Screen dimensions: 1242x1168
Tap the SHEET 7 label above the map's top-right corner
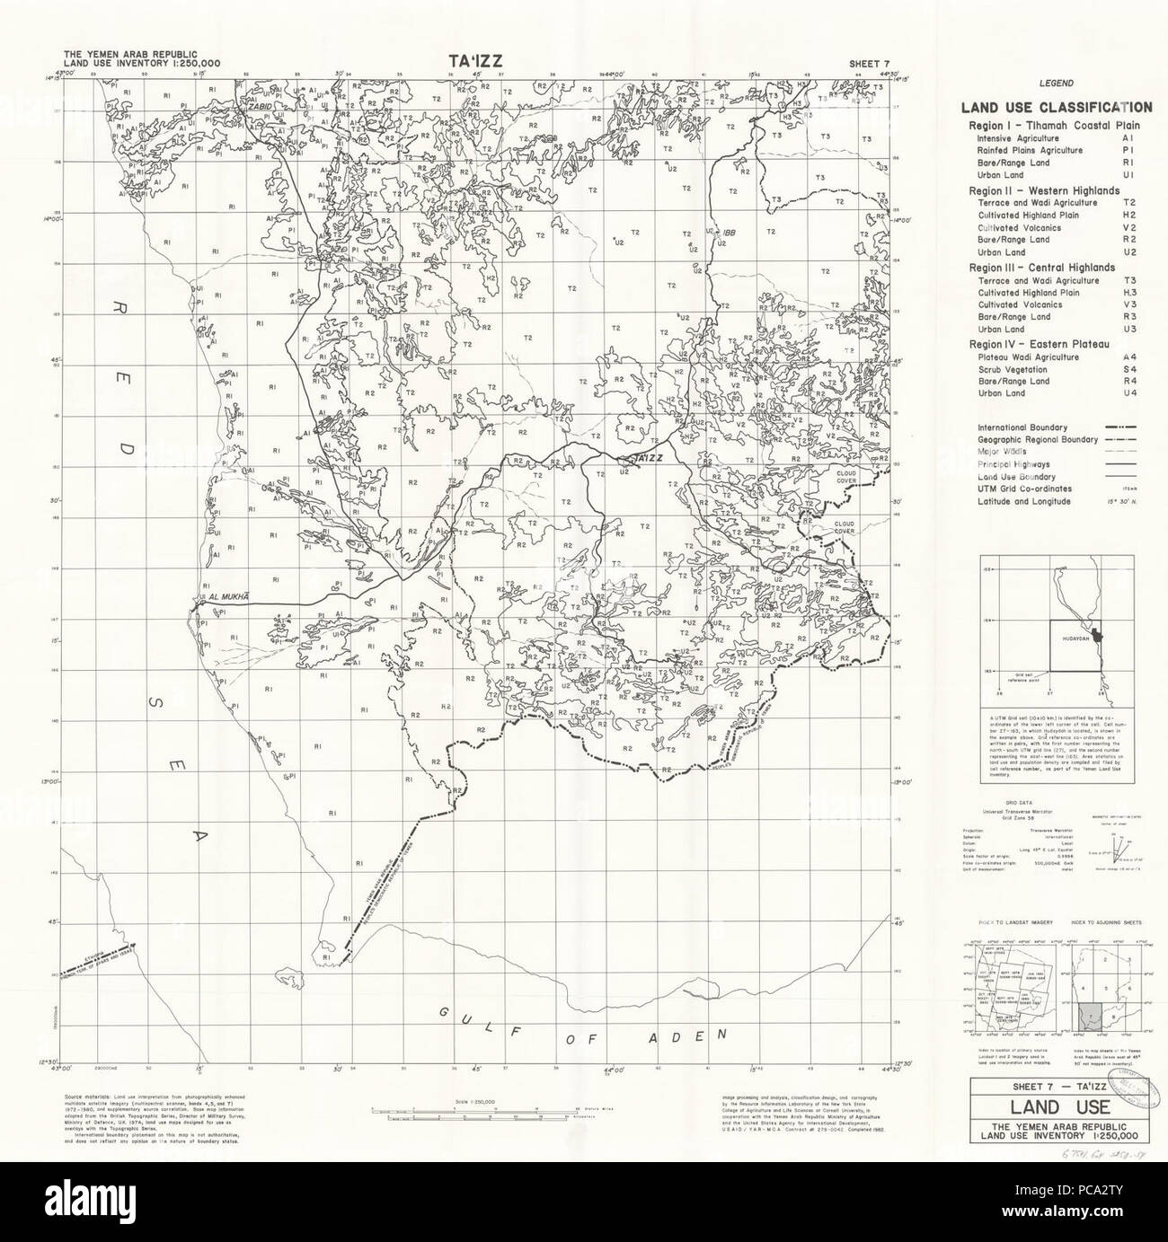tap(871, 62)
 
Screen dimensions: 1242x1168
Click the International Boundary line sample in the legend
tap(1117, 427)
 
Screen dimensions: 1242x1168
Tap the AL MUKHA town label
tap(226, 595)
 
